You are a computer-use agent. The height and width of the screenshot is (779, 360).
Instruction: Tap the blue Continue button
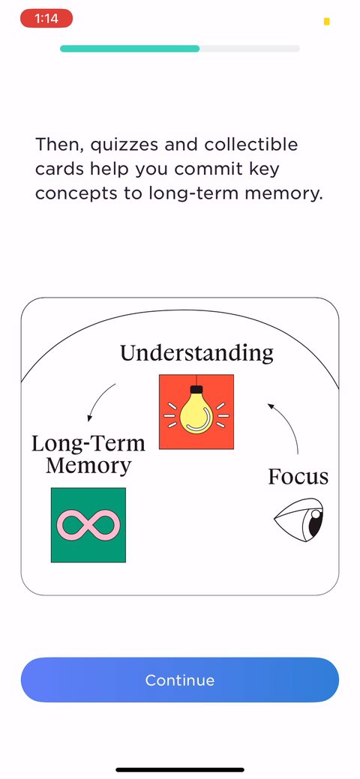tap(180, 679)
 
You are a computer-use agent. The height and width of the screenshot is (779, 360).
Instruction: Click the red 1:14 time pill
tap(46, 19)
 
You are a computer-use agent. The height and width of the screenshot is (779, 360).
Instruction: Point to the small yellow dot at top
tap(327, 21)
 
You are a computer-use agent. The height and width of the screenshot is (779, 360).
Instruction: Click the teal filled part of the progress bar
tap(130, 49)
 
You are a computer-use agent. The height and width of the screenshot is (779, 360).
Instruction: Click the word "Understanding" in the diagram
tap(197, 352)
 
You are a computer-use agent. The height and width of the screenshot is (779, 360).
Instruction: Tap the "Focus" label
tap(298, 476)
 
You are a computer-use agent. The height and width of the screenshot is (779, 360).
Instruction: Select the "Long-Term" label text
tap(88, 443)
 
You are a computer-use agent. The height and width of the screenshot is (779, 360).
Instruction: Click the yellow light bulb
tap(196, 412)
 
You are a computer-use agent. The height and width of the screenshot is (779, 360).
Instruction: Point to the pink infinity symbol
tap(88, 525)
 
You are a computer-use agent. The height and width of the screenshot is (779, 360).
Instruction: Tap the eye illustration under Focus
tap(298, 520)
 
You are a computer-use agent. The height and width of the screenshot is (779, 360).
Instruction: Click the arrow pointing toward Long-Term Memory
tap(98, 400)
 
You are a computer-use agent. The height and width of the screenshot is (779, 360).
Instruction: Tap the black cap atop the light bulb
tap(197, 390)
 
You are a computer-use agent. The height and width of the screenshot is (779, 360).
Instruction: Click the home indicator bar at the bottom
tap(180, 769)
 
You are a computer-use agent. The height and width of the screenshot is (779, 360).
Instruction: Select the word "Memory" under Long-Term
tap(88, 466)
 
